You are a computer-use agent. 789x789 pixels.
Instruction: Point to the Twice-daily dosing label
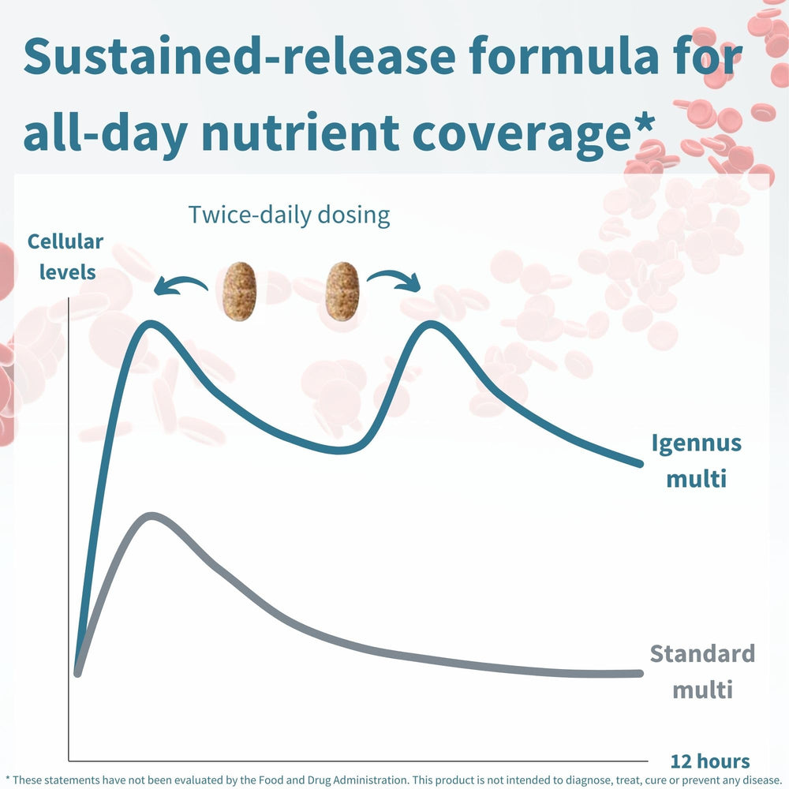tap(289, 215)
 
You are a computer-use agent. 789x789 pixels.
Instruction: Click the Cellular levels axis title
tap(65, 256)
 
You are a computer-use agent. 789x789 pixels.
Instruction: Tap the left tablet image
tap(239, 291)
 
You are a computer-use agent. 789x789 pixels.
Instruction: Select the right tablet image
tap(342, 291)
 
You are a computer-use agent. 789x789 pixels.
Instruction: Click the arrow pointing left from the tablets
tap(181, 284)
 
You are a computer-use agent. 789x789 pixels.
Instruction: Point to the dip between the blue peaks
tap(341, 450)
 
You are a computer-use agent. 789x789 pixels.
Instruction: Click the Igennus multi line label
tap(696, 460)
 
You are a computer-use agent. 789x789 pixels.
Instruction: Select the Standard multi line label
tap(702, 671)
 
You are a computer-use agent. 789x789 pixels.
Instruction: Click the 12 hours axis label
tap(710, 761)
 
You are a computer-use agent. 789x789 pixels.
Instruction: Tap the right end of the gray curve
tap(639, 673)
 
